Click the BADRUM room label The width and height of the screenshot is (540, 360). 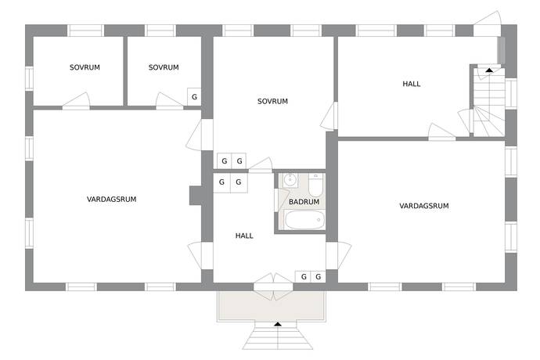[304, 202]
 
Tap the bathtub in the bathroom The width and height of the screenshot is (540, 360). [304, 220]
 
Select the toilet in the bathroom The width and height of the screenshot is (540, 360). [315, 185]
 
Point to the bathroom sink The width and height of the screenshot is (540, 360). [290, 180]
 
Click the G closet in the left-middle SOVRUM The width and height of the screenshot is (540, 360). [194, 97]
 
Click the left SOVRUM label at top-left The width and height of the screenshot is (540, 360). [85, 67]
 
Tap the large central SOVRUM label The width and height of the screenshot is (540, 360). [272, 101]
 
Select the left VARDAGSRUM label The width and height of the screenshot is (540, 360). [112, 199]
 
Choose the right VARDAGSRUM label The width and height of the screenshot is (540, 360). [424, 206]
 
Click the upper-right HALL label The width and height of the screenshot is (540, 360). [412, 84]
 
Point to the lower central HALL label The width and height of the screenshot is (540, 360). [244, 236]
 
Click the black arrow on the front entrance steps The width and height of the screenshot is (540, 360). [278, 324]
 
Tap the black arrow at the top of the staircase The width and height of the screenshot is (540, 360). [489, 70]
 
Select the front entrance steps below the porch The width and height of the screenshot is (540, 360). [278, 335]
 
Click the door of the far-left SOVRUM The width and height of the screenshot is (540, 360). [76, 101]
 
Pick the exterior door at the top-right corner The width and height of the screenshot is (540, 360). [487, 23]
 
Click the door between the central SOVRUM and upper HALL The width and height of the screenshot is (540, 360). [329, 117]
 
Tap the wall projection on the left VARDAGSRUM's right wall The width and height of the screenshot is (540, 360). [196, 196]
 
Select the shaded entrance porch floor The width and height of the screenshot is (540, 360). [272, 306]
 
